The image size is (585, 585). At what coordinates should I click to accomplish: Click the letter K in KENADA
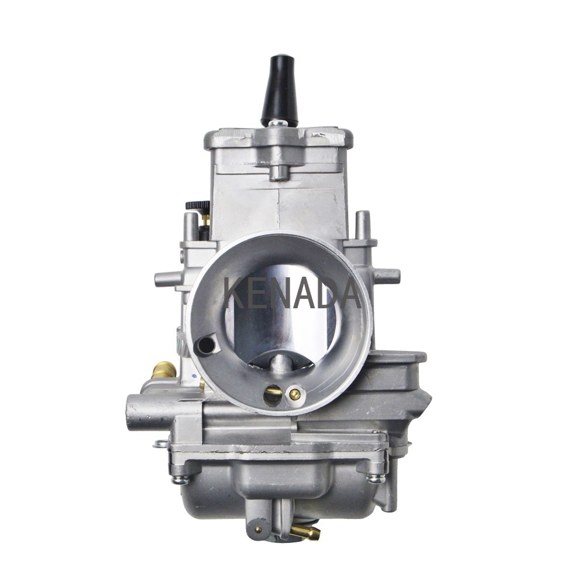pyautogui.click(x=239, y=294)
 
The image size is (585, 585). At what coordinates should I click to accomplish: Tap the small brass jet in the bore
pyautogui.click(x=295, y=393)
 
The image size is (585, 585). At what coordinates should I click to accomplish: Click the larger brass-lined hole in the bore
pyautogui.click(x=271, y=395)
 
